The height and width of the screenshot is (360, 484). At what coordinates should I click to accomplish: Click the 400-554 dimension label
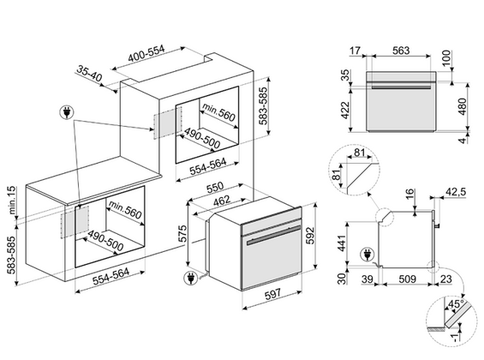146,54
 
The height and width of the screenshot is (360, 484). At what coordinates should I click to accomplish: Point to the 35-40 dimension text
89,74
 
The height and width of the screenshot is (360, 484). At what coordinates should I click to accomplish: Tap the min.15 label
11,200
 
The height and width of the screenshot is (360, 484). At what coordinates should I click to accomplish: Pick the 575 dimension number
182,233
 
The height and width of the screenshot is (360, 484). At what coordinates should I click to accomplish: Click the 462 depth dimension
222,201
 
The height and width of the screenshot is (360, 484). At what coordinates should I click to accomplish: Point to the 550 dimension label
215,188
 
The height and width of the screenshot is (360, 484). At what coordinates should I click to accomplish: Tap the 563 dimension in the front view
401,51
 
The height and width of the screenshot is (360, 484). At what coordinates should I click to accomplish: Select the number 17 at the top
355,51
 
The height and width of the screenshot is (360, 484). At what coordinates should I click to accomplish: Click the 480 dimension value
462,106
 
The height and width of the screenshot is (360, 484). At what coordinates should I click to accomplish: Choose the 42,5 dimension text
455,192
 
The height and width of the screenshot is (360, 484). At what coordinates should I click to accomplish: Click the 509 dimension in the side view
408,279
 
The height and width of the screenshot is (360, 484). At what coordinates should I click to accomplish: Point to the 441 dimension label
342,243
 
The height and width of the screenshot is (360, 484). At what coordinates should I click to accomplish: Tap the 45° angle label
455,304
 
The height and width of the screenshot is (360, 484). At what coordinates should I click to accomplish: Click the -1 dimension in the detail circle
454,338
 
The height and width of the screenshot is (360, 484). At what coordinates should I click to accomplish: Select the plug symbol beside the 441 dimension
367,255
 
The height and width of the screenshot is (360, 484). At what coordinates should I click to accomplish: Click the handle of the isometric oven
273,234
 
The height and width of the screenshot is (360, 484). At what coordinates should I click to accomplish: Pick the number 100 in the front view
446,58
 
